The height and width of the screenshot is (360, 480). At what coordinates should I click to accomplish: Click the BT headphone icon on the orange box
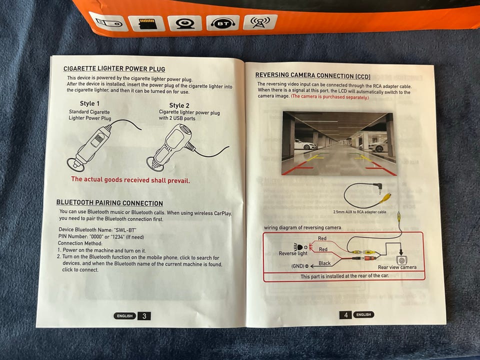pyautogui.click(x=222, y=23)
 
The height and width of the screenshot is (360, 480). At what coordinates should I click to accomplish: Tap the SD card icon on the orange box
pyautogui.click(x=146, y=23)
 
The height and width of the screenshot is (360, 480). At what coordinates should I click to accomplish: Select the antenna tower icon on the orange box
pyautogui.click(x=260, y=21)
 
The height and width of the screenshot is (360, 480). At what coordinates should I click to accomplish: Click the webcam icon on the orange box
pyautogui.click(x=184, y=23)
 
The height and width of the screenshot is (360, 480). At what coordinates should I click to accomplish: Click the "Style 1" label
pyautogui.click(x=89, y=103)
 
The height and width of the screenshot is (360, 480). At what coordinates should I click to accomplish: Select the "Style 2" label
pyautogui.click(x=179, y=105)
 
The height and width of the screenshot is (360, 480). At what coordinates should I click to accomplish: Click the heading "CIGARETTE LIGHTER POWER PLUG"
pyautogui.click(x=114, y=69)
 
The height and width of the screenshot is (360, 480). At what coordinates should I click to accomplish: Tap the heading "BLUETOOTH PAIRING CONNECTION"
pyautogui.click(x=109, y=202)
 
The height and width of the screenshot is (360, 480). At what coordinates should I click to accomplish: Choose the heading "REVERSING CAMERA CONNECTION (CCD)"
pyautogui.click(x=313, y=75)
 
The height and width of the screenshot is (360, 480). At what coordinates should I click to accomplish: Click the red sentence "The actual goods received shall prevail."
pyautogui.click(x=130, y=179)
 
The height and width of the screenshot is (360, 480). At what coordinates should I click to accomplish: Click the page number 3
pyautogui.click(x=144, y=316)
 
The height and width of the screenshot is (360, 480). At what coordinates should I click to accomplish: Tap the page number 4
pyautogui.click(x=346, y=315)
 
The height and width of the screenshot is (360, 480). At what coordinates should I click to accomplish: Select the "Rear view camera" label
pyautogui.click(x=397, y=267)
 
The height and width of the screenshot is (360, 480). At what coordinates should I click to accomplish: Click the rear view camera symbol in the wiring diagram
pyautogui.click(x=401, y=260)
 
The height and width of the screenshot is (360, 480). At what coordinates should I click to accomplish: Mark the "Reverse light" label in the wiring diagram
pyautogui.click(x=293, y=253)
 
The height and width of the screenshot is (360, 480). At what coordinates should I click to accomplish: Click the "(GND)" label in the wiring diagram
pyautogui.click(x=297, y=266)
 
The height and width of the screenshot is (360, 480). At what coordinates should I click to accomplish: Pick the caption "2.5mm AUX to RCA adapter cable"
pyautogui.click(x=359, y=212)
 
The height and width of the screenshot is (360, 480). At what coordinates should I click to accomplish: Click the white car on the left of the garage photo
pyautogui.click(x=304, y=145)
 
